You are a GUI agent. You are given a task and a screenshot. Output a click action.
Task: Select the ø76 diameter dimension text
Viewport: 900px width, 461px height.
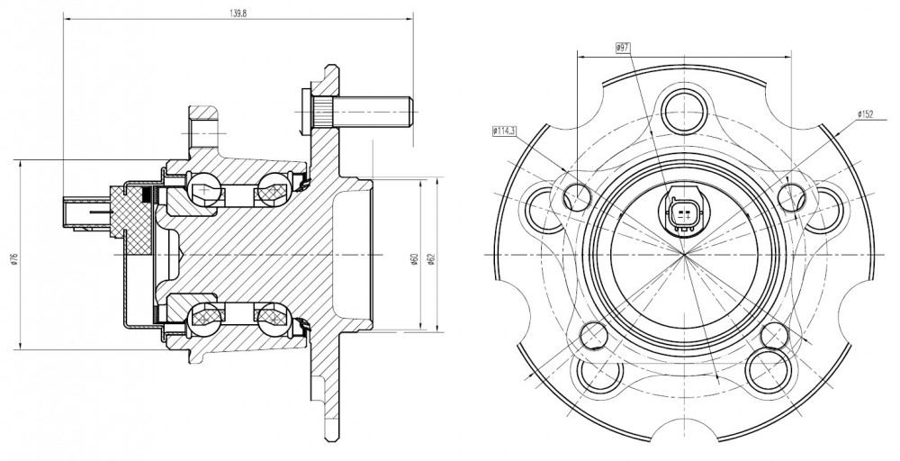click(x=13, y=259)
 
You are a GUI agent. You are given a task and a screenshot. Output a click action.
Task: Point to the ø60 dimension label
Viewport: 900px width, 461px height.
click(x=414, y=259)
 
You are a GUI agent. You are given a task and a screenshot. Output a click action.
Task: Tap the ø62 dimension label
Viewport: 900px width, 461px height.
click(x=431, y=259)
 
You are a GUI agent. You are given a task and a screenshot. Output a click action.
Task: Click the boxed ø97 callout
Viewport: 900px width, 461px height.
click(x=623, y=49)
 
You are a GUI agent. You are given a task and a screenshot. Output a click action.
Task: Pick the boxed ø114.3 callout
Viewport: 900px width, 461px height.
click(x=505, y=131)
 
